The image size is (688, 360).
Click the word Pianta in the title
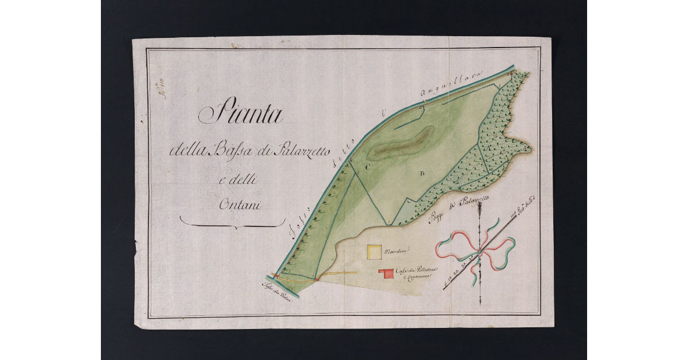pos(241,115)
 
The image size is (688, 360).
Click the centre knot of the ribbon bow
pos(479,252)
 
